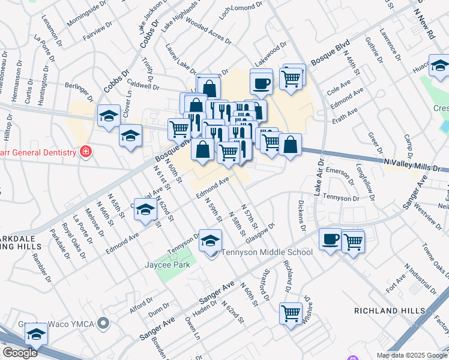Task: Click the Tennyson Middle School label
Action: pyautogui.click(x=267, y=252)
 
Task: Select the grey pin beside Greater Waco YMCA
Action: pyautogui.click(x=104, y=324)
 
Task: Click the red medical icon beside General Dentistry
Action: pyautogui.click(x=86, y=152)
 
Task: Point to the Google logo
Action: pyautogui.click(x=20, y=353)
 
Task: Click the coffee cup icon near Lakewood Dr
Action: pyautogui.click(x=261, y=83)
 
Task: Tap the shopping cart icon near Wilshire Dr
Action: pyautogui.click(x=291, y=313)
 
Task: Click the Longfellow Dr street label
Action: pyautogui.click(x=365, y=182)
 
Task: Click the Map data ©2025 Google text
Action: pyautogui.click(x=412, y=355)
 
